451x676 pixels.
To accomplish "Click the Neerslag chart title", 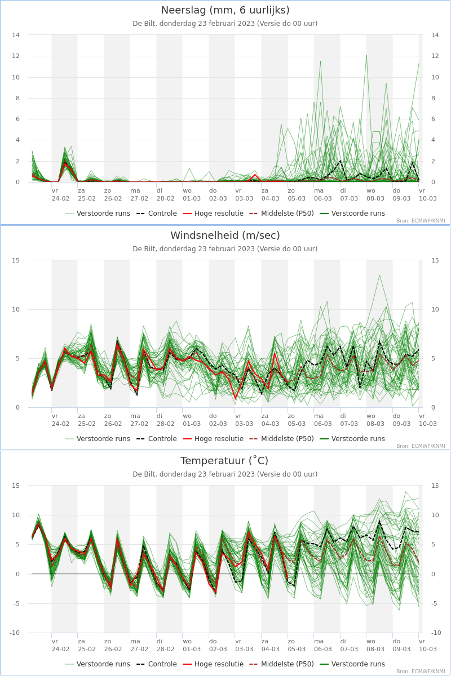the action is tap(225, 10).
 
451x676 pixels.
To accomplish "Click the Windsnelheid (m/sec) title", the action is tap(225, 235).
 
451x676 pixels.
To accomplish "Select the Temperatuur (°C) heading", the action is tap(224, 461).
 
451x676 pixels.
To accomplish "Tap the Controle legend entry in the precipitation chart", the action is tap(156, 214).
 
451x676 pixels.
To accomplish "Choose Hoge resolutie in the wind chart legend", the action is tap(213, 438).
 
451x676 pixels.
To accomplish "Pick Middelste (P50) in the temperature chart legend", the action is tap(281, 664).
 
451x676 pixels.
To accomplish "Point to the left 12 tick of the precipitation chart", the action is tap(16, 56).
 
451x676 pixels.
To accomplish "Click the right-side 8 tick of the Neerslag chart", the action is tap(433, 98).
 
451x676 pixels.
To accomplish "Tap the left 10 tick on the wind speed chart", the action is tap(16, 309).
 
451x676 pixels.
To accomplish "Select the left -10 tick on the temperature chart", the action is tap(15, 633).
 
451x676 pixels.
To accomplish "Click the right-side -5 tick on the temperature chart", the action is tap(434, 603).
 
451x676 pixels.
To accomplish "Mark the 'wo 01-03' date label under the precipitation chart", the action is tap(192, 195).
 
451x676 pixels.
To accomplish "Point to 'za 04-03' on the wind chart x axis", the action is tap(271, 420).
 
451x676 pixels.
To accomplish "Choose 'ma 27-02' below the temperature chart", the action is tap(139, 645).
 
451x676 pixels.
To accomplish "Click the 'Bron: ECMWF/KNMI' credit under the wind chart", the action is tap(421, 446).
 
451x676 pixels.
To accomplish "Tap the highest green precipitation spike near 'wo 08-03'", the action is tap(366, 55).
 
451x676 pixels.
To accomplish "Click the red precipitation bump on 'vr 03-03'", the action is tap(255, 175).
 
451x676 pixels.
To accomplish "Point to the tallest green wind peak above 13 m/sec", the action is tap(380, 275).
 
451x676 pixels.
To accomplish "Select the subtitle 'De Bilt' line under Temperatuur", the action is tap(225, 474).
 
